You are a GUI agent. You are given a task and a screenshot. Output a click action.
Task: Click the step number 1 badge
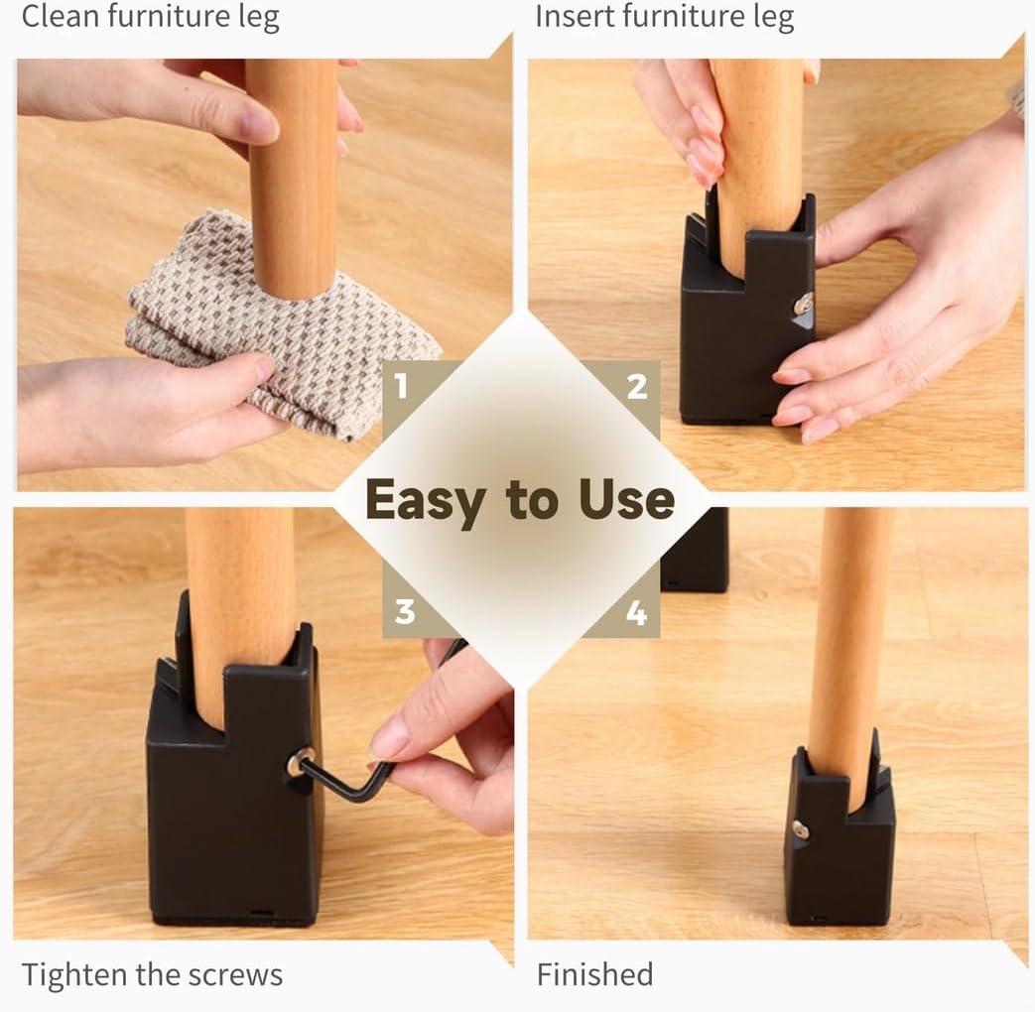tap(401, 386)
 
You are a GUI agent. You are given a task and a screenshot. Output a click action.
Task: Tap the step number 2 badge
tap(637, 386)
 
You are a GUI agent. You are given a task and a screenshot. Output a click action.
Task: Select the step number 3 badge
tap(405, 611)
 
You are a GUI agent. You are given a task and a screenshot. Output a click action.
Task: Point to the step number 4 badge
tap(636, 613)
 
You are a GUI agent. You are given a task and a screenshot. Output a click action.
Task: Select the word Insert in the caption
tap(577, 17)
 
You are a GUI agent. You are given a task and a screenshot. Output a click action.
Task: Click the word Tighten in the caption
tap(74, 974)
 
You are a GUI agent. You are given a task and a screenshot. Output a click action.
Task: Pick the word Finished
tap(594, 974)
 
